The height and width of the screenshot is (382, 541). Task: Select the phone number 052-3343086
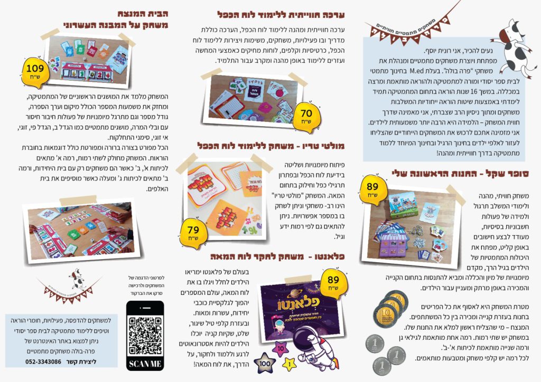click(43, 361)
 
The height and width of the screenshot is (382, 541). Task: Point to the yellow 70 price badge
click(306, 113)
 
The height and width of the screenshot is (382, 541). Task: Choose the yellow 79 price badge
click(193, 231)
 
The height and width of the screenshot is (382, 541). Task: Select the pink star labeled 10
click(280, 348)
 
